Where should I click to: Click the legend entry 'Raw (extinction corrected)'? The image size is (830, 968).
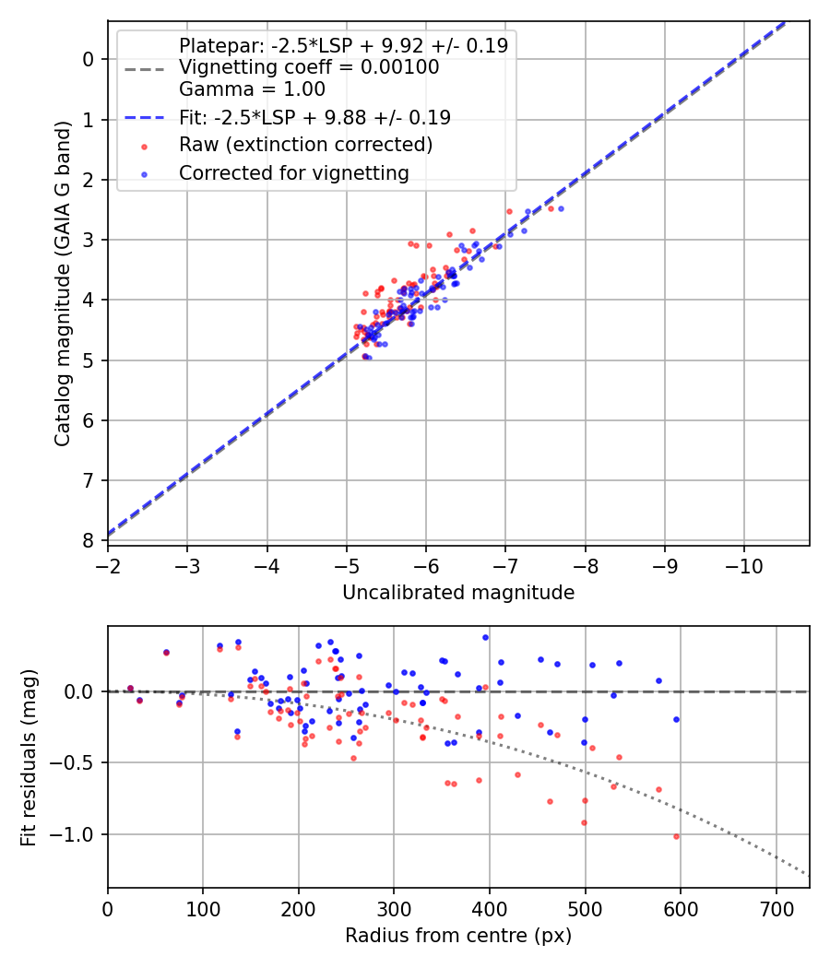pyautogui.click(x=305, y=145)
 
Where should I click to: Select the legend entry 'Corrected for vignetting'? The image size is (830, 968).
pyautogui.click(x=293, y=172)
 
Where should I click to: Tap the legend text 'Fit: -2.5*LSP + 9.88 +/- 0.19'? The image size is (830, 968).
pyautogui.click(x=314, y=117)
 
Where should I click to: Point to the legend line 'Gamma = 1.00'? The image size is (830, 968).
pyautogui.click(x=252, y=89)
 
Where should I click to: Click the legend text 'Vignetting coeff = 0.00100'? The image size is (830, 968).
pyautogui.click(x=309, y=67)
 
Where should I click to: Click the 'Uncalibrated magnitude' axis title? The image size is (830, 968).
pyautogui.click(x=458, y=593)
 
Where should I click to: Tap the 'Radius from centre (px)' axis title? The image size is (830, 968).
pyautogui.click(x=458, y=936)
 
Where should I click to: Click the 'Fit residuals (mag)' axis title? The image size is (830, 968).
pyautogui.click(x=29, y=757)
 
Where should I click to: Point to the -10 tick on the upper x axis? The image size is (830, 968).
pyautogui.click(x=744, y=564)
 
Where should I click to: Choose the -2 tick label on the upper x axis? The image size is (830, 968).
pyautogui.click(x=108, y=564)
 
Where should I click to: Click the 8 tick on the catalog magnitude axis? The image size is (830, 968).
pyautogui.click(x=89, y=540)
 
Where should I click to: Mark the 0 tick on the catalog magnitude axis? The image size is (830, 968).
pyautogui.click(x=89, y=60)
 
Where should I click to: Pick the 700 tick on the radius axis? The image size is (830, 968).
pyautogui.click(x=776, y=907)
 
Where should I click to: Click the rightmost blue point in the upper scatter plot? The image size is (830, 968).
pyautogui.click(x=561, y=208)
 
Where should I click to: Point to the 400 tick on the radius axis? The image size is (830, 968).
pyautogui.click(x=490, y=907)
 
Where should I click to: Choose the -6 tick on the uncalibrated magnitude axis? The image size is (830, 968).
pyautogui.click(x=426, y=564)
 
